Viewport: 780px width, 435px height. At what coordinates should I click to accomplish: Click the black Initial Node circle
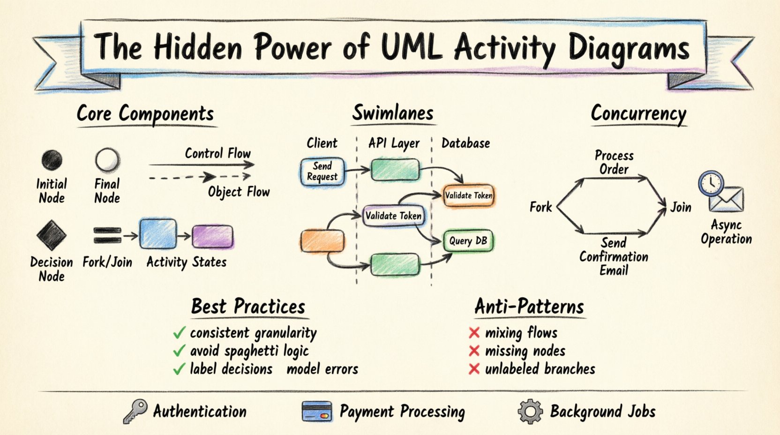point(52,160)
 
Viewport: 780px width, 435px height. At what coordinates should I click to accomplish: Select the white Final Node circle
point(107,160)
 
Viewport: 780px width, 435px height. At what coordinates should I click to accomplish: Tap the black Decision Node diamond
point(52,235)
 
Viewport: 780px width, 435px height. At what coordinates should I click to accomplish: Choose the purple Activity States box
point(213,236)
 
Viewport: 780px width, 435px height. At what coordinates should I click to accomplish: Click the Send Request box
point(322,172)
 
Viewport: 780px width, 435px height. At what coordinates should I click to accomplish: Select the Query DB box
point(468,241)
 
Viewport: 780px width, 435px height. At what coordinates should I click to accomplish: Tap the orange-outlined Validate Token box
point(468,195)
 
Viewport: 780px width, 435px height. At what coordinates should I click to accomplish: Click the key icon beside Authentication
point(135,412)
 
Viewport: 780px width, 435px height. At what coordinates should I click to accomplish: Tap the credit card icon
point(317,412)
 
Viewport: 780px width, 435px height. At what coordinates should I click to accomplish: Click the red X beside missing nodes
point(474,351)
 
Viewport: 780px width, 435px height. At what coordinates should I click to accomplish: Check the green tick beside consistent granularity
point(179,333)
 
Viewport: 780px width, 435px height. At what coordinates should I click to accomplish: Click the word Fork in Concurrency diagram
point(540,207)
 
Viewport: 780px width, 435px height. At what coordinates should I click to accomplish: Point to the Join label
point(681,207)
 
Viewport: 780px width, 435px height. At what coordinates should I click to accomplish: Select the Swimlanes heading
point(393,113)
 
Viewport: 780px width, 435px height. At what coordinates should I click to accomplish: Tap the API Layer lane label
point(394,143)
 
